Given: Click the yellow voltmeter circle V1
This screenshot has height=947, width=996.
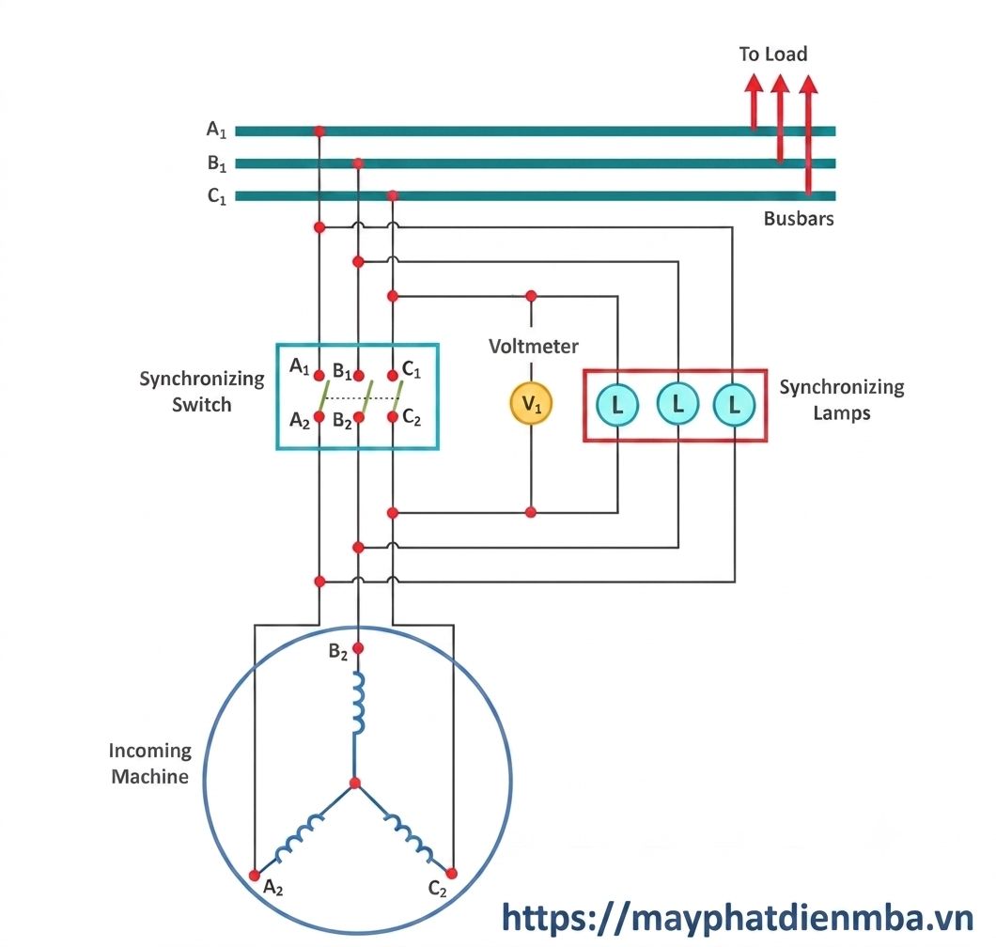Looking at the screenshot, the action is point(531,403).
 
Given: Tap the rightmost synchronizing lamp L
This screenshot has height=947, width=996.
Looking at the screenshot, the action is point(734,405).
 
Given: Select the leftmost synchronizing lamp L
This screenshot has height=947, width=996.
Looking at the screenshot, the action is point(616,405).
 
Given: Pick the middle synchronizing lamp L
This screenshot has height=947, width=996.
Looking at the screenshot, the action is point(677,403).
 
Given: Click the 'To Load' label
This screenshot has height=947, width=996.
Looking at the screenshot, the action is point(773,54).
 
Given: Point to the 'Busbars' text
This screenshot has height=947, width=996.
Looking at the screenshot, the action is point(799,219).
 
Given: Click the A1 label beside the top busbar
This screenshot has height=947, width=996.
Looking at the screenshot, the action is point(217,130).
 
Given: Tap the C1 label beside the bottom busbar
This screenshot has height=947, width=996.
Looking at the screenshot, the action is point(217,196).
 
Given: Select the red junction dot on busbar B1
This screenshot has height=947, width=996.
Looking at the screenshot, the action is point(358,163).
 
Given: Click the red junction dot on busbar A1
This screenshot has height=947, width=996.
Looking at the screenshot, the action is point(319,132).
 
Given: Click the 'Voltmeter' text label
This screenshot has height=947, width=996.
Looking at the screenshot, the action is point(534,346).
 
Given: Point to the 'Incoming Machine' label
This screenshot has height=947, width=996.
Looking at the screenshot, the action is point(150,764).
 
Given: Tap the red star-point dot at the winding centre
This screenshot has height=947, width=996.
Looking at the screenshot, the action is point(355,784).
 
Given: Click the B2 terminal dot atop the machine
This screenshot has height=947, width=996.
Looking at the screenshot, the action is point(358,648).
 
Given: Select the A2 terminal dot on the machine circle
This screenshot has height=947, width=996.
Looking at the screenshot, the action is point(255,876).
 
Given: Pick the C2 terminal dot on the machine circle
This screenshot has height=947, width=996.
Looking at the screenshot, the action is point(452,874).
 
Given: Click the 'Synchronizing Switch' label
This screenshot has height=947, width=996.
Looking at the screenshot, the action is point(202,391).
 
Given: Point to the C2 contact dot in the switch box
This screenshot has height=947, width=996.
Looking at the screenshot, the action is point(393,417).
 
